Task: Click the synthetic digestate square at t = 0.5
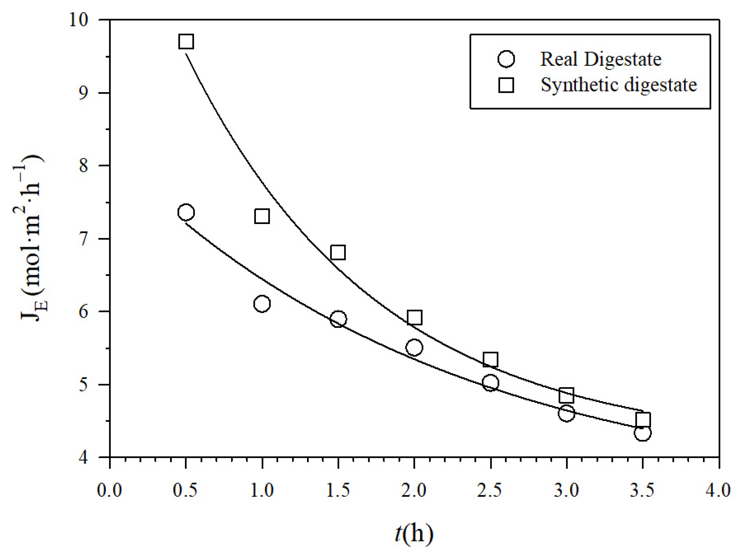click(x=186, y=42)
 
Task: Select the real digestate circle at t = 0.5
click(x=186, y=212)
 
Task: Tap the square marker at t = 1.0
click(x=262, y=216)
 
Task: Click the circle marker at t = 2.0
click(x=414, y=347)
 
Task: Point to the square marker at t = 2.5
click(x=490, y=360)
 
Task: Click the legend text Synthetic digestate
click(x=619, y=85)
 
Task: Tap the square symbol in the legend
click(x=506, y=85)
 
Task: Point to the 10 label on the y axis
click(x=79, y=20)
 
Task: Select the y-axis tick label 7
click(x=84, y=239)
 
